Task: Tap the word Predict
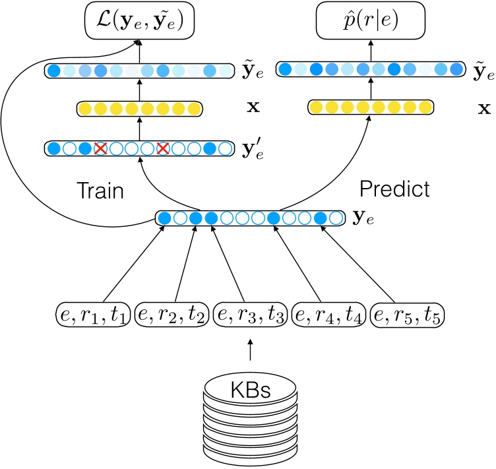pyautogui.click(x=394, y=189)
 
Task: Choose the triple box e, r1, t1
pyautogui.click(x=91, y=315)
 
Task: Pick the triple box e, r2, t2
pyautogui.click(x=171, y=315)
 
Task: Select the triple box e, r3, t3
pyautogui.click(x=250, y=315)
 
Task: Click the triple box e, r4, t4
pyautogui.click(x=329, y=315)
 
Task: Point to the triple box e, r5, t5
pyautogui.click(x=408, y=315)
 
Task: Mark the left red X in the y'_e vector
pyautogui.click(x=100, y=148)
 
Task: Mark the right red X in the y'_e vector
pyautogui.click(x=163, y=148)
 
